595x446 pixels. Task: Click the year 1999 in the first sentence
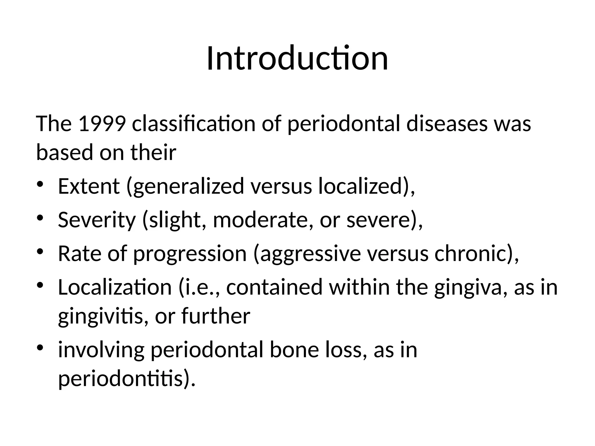click(102, 124)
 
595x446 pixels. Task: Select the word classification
click(193, 124)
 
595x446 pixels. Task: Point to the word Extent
click(89, 186)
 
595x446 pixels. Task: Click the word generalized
click(189, 187)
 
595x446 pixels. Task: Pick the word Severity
click(97, 220)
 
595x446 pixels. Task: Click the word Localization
click(115, 287)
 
